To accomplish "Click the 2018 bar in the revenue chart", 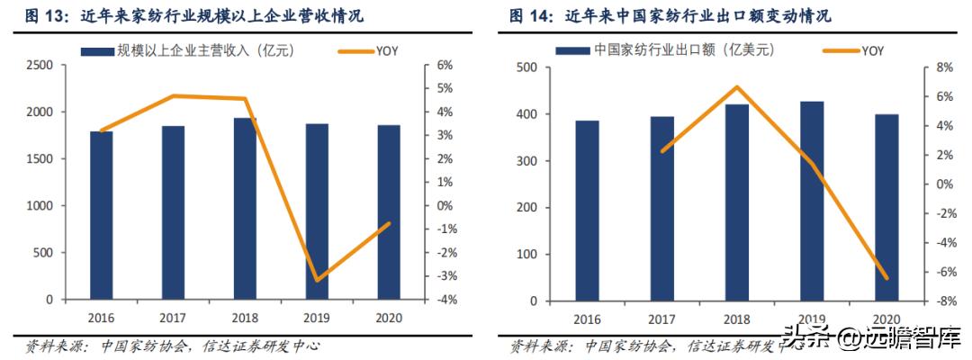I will coord(245,209).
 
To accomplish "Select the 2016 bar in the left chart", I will coord(101,215).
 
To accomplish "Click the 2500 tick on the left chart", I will coord(39,66).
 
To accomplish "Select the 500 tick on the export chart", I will coord(527,67).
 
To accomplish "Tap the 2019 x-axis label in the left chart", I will coord(317,318).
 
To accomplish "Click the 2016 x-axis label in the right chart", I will coord(587,319).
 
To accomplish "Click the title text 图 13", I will coord(34,16).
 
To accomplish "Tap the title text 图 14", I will coord(530,16).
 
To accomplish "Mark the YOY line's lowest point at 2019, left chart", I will coord(317,280).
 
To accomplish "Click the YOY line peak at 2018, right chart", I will coord(737,87).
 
